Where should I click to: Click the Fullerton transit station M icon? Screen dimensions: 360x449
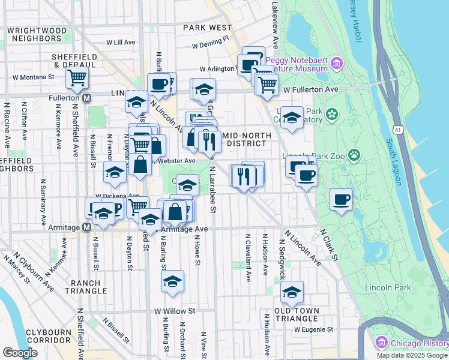point(87,97)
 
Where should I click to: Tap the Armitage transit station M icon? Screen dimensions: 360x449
point(86,227)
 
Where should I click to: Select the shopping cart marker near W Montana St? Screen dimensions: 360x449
point(77,77)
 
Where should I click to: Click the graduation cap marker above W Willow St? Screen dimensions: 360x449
point(172,281)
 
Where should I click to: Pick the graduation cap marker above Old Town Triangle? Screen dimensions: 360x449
point(292,292)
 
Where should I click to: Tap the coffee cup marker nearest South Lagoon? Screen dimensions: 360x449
point(341,200)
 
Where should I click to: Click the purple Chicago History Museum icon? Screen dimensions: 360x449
point(380,343)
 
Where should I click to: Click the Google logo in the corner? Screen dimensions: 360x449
point(20,352)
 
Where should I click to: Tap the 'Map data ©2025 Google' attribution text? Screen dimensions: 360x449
point(412,355)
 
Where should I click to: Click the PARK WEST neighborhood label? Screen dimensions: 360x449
point(207,28)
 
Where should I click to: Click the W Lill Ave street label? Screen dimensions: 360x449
point(121,43)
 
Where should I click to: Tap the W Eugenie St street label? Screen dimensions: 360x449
point(313,329)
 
